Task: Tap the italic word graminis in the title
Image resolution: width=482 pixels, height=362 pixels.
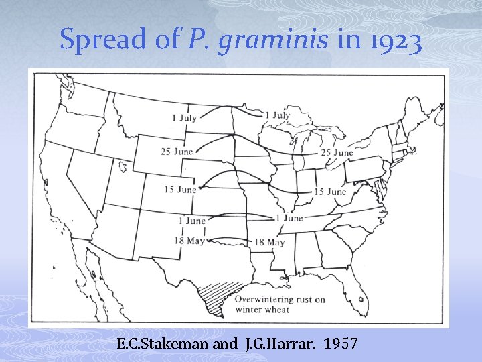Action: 274,41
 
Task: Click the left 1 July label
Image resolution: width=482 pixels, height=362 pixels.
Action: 185,118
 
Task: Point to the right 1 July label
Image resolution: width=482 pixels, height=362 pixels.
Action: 277,115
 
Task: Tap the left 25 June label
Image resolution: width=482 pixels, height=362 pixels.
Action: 177,152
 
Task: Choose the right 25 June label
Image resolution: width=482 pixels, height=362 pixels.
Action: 337,153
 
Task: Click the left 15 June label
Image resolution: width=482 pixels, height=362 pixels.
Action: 181,190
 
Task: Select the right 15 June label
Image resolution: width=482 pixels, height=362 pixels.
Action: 330,192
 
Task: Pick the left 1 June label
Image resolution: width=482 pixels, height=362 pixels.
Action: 192,221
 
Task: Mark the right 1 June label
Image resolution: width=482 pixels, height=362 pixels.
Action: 289,218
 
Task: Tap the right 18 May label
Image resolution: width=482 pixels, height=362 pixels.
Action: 270,242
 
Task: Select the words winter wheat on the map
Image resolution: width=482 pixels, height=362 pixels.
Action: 262,310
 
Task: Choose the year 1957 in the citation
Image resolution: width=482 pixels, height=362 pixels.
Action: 341,345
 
